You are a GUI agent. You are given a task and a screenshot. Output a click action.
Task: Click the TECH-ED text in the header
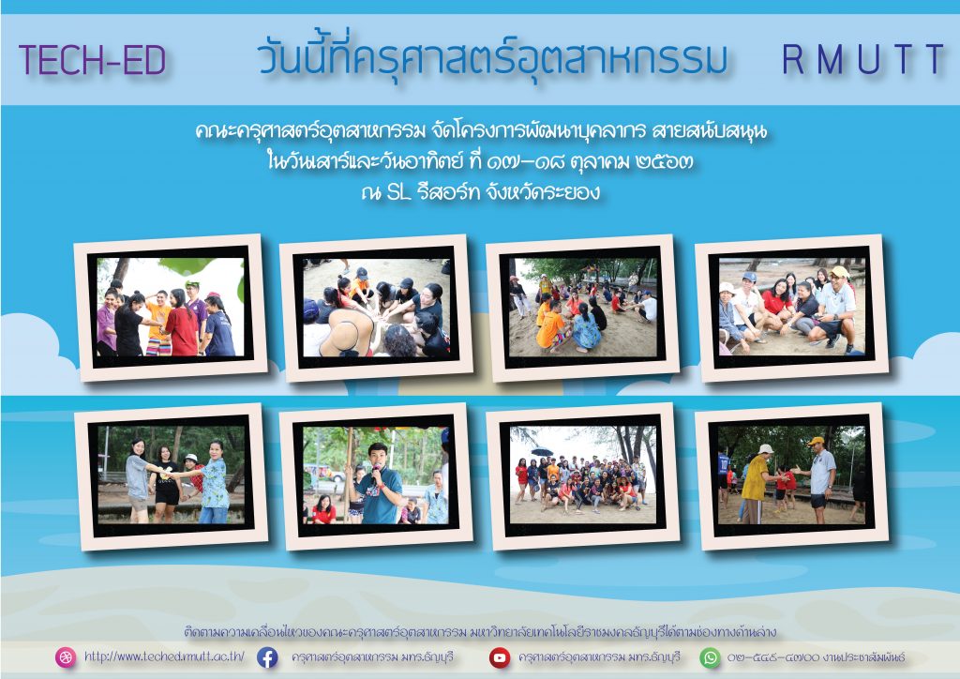(93, 60)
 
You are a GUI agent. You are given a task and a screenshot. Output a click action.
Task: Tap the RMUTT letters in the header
(863, 59)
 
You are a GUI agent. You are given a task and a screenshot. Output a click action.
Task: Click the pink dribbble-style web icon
(66, 657)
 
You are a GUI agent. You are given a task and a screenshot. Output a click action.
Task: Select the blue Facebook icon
(267, 657)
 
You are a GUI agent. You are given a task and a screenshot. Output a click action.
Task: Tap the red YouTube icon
(500, 657)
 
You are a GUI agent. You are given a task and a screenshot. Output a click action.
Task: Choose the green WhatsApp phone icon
(711, 657)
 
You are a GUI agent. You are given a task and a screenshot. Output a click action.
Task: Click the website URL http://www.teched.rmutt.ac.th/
(164, 656)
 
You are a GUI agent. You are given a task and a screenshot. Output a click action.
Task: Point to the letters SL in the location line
(398, 193)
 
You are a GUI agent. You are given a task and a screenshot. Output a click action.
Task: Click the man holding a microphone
(379, 484)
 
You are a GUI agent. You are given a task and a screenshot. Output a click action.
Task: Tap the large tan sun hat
(348, 332)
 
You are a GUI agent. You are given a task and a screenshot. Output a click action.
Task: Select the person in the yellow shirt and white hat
(755, 483)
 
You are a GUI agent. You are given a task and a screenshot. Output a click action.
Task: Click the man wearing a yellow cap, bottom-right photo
(819, 479)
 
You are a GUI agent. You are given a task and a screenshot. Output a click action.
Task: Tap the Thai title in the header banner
(493, 58)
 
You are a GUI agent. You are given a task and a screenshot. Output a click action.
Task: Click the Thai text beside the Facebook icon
(373, 657)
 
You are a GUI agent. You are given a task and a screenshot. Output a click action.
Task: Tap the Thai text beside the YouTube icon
(599, 657)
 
